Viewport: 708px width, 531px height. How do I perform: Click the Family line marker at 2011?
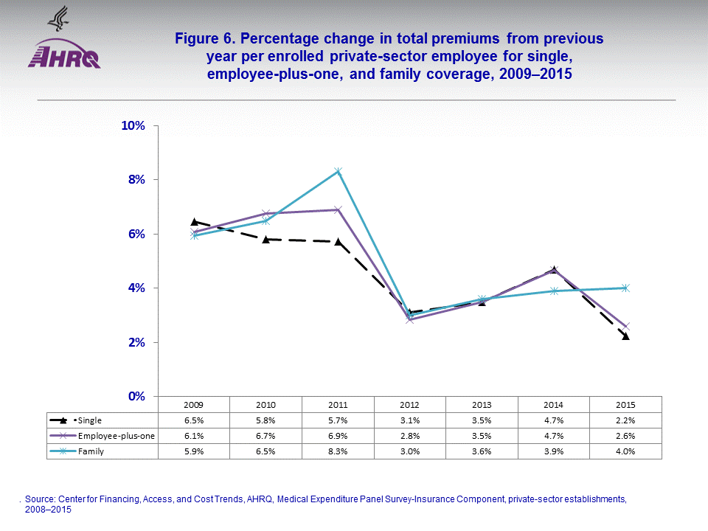338,172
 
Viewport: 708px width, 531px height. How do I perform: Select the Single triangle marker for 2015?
625,336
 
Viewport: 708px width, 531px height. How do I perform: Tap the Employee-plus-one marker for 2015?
625,326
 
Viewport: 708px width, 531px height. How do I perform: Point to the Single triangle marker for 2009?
194,221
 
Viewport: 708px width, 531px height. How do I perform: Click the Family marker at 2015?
625,288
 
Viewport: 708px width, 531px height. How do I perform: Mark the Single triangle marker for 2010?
265,239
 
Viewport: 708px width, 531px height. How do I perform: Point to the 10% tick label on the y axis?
133,125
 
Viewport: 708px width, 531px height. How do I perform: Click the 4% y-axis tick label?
136,288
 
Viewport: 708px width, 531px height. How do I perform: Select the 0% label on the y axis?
136,396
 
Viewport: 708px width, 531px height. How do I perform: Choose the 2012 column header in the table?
410,405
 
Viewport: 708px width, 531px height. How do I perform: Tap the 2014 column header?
554,405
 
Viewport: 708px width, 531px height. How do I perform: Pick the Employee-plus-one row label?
116,436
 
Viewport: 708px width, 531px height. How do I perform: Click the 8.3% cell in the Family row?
338,451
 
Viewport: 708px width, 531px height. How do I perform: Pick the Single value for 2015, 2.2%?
625,420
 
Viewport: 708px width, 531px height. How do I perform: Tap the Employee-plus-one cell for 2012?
410,436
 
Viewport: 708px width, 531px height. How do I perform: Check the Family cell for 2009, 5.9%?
194,451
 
